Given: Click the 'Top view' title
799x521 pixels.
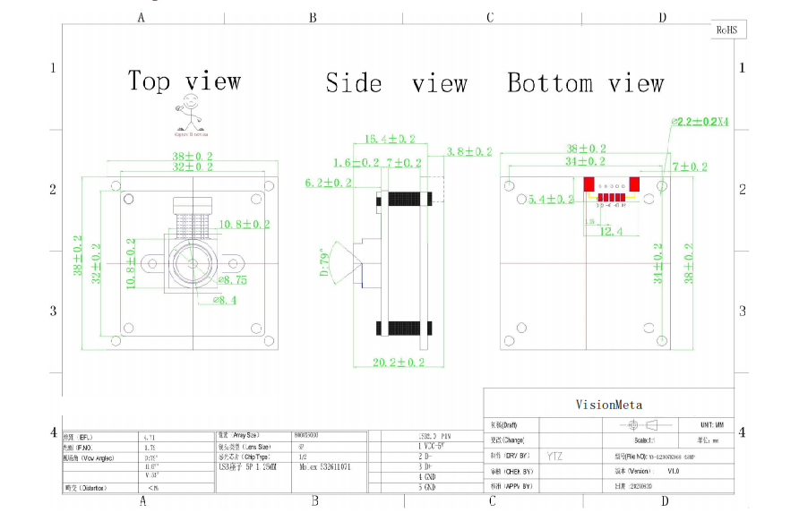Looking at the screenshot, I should [x=185, y=81].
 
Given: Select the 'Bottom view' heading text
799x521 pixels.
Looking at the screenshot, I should [x=585, y=83].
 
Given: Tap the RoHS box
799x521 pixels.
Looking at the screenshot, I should [x=727, y=30].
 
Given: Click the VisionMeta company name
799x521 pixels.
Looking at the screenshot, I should [x=608, y=405].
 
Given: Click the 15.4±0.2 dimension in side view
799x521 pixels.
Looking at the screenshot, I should [x=388, y=139].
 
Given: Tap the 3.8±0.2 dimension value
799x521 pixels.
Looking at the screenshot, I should [x=468, y=152].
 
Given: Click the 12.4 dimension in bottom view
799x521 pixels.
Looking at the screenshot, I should [x=611, y=231].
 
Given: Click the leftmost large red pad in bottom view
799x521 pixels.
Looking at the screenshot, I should [x=589, y=184].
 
